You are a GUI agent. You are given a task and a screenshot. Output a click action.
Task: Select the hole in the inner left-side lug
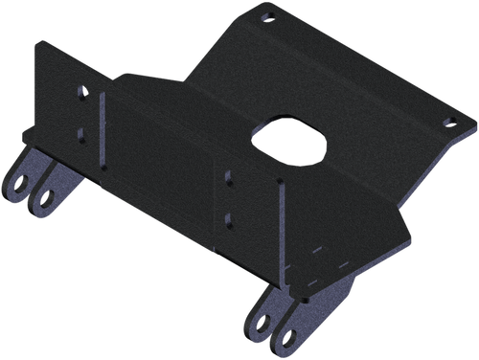pyautogui.click(x=45, y=199)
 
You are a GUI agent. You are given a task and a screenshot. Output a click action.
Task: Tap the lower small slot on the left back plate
pyautogui.click(x=81, y=133)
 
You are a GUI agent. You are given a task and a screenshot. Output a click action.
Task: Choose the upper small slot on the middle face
pyautogui.click(x=228, y=176)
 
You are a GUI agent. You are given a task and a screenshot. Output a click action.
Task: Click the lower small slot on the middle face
pyautogui.click(x=227, y=218)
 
